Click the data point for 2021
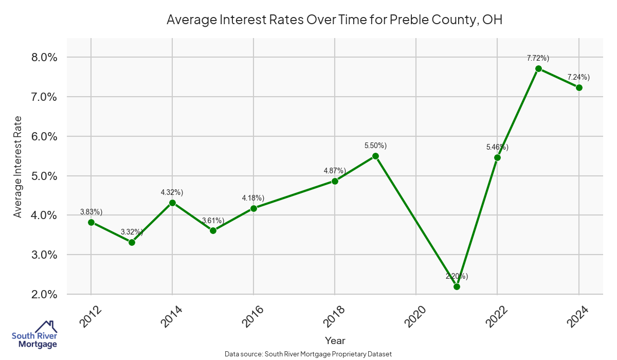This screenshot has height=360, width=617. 457,286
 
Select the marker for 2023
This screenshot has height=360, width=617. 538,68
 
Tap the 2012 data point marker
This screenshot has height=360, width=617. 91,222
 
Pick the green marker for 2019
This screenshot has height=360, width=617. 375,156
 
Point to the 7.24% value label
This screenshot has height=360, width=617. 578,78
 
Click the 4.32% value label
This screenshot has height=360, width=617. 172,192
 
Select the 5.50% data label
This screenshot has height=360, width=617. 375,146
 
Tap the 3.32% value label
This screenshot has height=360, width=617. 132,232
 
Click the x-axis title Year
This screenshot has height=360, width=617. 335,340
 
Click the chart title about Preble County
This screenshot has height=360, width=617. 334,20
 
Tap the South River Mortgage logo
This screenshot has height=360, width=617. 34,335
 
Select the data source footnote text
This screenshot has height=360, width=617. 308,354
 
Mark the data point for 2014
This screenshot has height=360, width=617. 172,203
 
